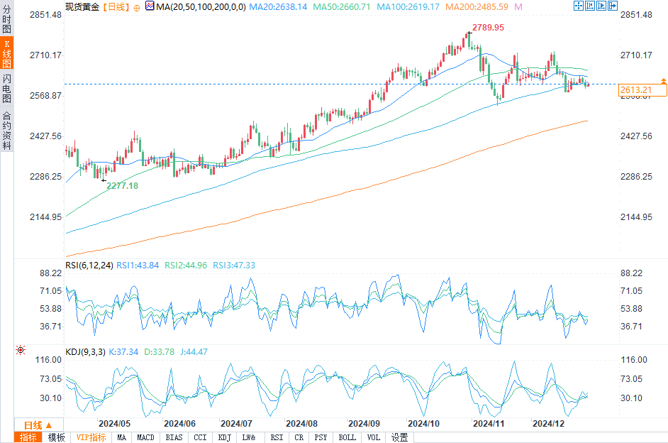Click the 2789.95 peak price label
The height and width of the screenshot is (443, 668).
point(488,28)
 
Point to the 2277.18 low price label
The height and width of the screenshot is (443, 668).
point(122,185)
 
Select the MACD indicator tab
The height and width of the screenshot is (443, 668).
point(145,437)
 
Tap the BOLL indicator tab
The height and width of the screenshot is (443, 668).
point(347,437)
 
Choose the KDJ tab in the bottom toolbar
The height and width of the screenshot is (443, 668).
point(224,437)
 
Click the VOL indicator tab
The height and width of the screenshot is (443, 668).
point(374,437)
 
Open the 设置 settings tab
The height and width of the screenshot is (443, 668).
point(399,437)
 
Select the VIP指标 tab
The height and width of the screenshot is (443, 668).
point(91,437)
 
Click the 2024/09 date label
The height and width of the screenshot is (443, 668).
point(364,423)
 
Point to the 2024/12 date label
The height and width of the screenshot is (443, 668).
point(548,423)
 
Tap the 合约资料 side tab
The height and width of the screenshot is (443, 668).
point(6,131)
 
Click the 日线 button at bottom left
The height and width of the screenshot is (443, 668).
point(33,425)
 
